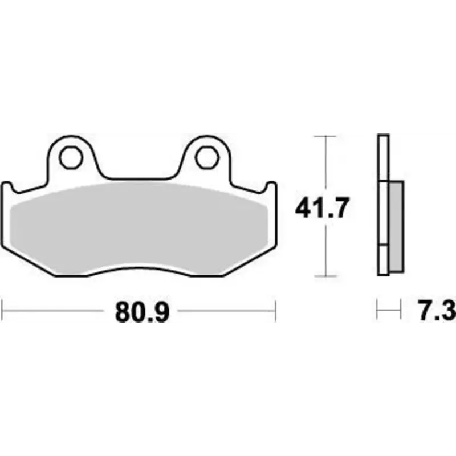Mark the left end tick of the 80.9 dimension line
tap(3, 311)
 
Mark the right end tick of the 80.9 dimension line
tap(276, 311)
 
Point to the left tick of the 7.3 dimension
tap(378, 311)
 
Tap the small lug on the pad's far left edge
tap(8, 188)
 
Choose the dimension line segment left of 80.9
tap(57, 311)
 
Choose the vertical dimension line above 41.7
tap(325, 165)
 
